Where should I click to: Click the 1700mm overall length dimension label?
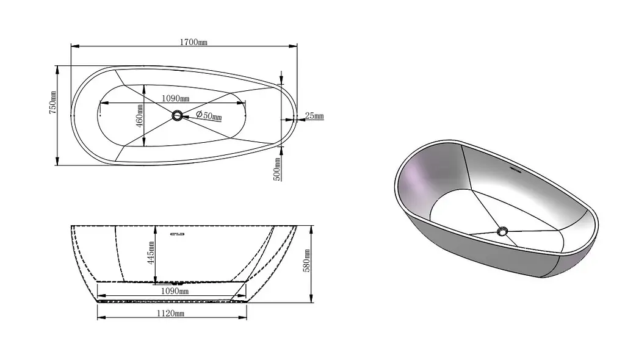(193, 42)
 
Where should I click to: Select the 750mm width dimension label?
(52, 103)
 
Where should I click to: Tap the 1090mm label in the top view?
(175, 98)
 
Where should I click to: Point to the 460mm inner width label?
(140, 116)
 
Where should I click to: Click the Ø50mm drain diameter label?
(209, 115)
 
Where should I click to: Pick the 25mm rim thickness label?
(314, 116)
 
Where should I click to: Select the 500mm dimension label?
(277, 169)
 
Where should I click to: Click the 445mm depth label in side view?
(151, 253)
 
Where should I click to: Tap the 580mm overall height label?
(306, 261)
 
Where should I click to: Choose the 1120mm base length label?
(170, 314)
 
